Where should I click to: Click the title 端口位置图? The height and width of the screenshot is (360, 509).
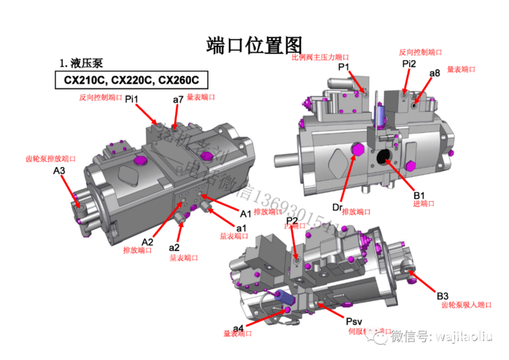(x=253, y=45)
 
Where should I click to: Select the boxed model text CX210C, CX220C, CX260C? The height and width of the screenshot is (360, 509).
(x=131, y=80)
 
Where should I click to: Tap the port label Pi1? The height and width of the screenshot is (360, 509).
(x=131, y=98)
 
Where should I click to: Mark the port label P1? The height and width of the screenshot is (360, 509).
(x=344, y=67)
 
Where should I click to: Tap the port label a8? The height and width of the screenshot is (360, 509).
(x=435, y=73)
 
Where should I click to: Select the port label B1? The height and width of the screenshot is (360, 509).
(x=419, y=195)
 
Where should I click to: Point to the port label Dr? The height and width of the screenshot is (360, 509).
(x=338, y=207)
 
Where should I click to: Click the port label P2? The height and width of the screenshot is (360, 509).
(x=292, y=221)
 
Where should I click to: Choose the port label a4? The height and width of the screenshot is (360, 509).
(x=238, y=328)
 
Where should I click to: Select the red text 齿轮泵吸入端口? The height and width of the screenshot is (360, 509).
(x=467, y=305)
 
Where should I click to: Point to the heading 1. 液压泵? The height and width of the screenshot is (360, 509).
(x=81, y=63)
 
